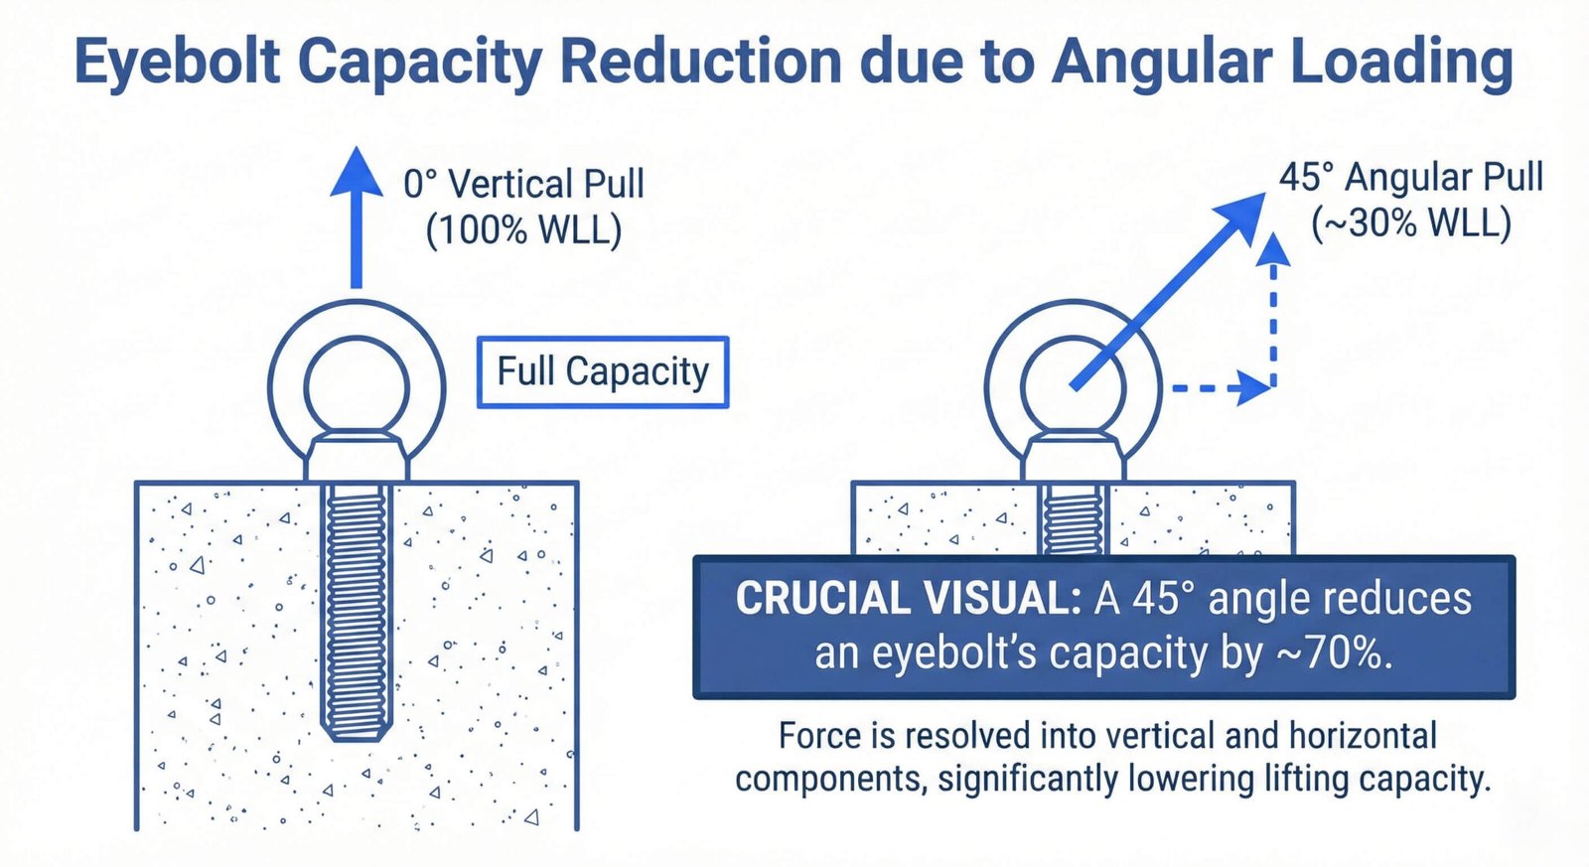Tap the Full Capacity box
click(603, 371)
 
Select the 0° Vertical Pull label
click(523, 184)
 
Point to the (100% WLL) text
click(523, 229)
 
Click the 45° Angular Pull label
click(1411, 177)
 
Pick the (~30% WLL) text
click(1411, 223)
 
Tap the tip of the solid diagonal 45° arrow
click(1265, 193)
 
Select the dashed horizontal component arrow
click(1222, 388)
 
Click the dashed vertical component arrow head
click(1273, 248)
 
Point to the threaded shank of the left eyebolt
click(357, 609)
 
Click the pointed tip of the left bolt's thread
click(357, 738)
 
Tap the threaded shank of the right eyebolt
click(1074, 519)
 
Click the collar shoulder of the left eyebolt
click(357, 458)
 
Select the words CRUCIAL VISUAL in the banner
click(908, 598)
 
